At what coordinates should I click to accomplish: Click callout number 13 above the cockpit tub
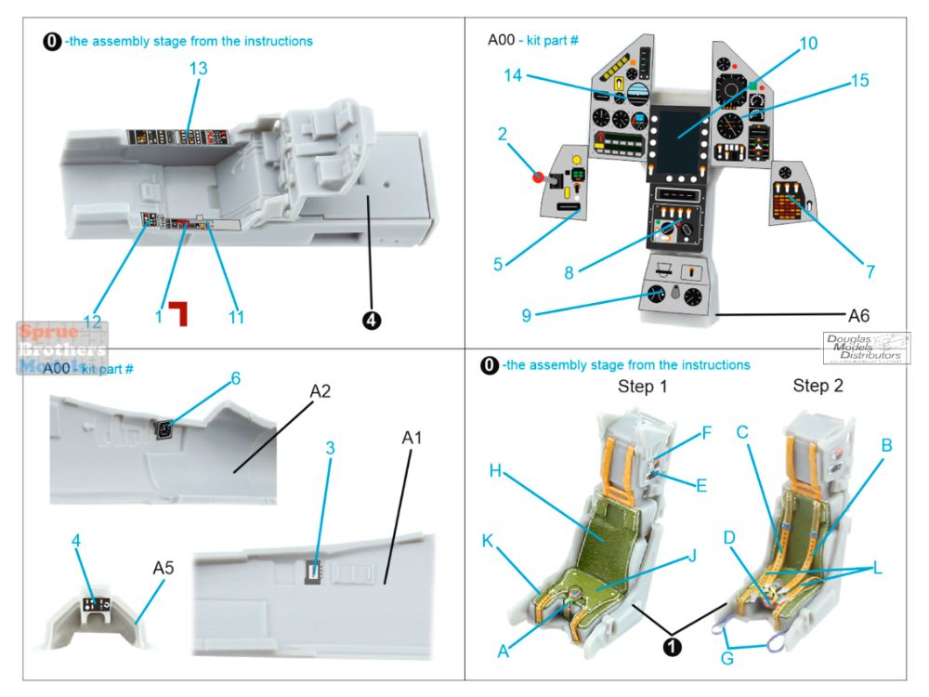tap(197, 69)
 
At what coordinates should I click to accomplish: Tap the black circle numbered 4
tap(371, 320)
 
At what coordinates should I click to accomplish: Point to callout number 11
tap(236, 317)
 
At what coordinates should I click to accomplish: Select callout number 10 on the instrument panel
tap(807, 44)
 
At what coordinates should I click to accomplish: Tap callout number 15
tap(858, 81)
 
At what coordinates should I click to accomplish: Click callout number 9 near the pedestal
tap(526, 316)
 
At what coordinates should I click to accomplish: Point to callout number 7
tap(870, 272)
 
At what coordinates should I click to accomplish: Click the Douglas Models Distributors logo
tap(866, 348)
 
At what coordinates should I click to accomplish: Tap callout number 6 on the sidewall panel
tap(236, 378)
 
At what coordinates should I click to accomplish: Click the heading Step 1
tap(643, 386)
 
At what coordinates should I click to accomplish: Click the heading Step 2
tap(818, 386)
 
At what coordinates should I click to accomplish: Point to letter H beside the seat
tap(496, 472)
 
